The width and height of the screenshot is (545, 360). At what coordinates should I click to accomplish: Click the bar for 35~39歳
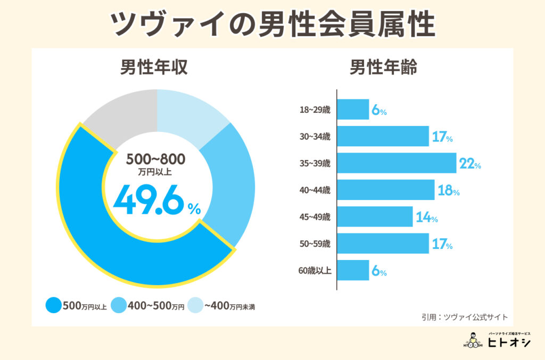[x=397, y=163]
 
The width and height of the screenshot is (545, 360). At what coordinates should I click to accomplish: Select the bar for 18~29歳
[x=353, y=110]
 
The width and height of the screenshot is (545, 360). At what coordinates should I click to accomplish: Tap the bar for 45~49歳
[x=375, y=217]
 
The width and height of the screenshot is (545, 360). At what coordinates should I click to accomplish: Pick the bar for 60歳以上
[x=353, y=270]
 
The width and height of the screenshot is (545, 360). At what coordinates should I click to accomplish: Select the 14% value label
[x=426, y=217]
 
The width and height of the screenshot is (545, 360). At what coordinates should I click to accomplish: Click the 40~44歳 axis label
[x=315, y=190]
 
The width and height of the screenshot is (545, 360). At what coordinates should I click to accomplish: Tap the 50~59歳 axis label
[x=315, y=244]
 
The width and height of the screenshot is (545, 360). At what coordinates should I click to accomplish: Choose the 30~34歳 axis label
[x=315, y=137]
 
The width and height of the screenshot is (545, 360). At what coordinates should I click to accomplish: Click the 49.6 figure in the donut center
[x=149, y=199]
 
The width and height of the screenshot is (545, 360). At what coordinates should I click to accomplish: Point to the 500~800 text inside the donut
[x=156, y=159]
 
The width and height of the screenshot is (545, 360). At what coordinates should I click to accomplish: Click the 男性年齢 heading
[x=383, y=69]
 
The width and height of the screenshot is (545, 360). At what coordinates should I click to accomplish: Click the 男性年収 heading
[x=154, y=69]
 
